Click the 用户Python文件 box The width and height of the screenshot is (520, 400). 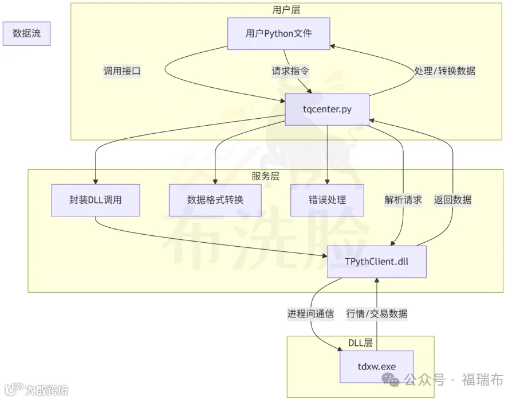point(279,34)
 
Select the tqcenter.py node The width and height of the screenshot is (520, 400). point(327,110)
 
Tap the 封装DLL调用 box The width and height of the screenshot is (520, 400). point(95,200)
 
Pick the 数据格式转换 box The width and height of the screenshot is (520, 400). point(215,200)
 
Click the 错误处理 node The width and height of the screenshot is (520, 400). point(327,200)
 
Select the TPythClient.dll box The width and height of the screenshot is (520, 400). point(377,262)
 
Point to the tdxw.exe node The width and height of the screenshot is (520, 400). point(376,367)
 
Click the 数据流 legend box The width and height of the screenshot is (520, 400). point(26,34)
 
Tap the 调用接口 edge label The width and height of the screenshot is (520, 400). point(121,72)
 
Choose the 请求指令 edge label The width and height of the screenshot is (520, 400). point(290,72)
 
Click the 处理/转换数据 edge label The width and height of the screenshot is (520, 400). point(444,72)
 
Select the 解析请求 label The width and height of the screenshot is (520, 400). point(403,200)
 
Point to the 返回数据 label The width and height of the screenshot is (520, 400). point(453,200)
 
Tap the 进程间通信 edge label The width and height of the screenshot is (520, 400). point(310,314)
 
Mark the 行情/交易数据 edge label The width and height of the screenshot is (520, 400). point(377,314)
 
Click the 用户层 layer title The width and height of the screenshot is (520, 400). point(286,10)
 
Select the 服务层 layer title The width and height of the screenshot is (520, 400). point(265,176)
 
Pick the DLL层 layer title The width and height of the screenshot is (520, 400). point(360,343)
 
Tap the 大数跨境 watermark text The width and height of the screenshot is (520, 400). point(46,390)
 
